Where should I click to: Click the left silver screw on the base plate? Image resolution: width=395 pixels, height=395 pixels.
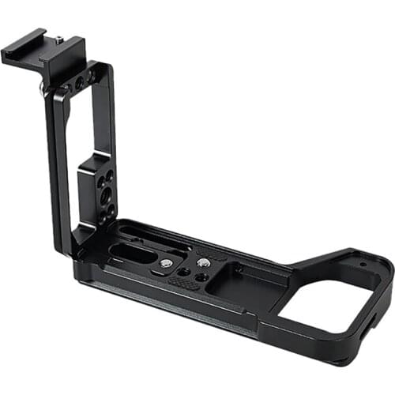coord(167,263)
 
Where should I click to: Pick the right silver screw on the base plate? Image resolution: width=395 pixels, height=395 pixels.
coord(204,262)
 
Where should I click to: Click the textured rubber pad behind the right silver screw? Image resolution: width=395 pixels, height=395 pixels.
coord(215,254)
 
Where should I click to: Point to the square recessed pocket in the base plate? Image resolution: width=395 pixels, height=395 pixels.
coord(241,276)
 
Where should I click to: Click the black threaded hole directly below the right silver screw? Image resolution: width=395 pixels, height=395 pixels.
coord(205,278)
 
